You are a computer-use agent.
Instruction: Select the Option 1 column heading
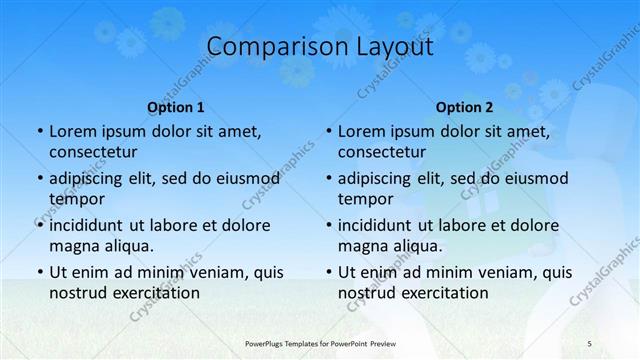pyautogui.click(x=176, y=107)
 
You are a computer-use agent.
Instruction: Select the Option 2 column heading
pyautogui.click(x=464, y=107)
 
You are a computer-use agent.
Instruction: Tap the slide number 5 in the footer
pyautogui.click(x=591, y=342)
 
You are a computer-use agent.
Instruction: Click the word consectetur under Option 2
pyautogui.click(x=382, y=153)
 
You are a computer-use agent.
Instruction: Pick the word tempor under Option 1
pyautogui.click(x=76, y=199)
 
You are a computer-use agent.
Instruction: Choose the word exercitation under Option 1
pyautogui.click(x=155, y=293)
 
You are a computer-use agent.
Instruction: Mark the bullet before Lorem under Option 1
pyautogui.click(x=39, y=132)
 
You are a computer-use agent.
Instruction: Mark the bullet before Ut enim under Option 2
pyautogui.click(x=328, y=271)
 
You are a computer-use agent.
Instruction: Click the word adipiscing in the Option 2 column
pyautogui.click(x=380, y=179)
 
